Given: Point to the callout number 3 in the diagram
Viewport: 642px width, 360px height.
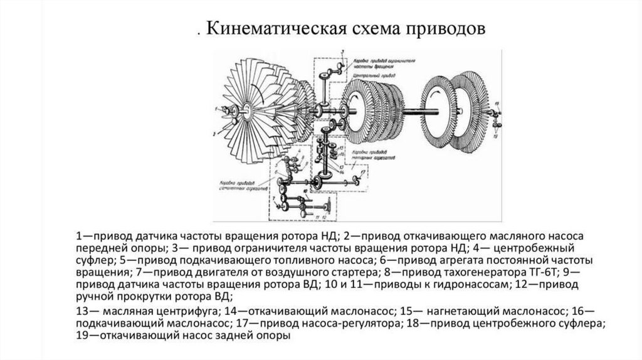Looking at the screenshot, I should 344,63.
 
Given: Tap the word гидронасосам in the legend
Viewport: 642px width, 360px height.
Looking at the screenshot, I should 459,285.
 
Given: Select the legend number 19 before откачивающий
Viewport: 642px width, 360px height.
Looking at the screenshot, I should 83,336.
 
